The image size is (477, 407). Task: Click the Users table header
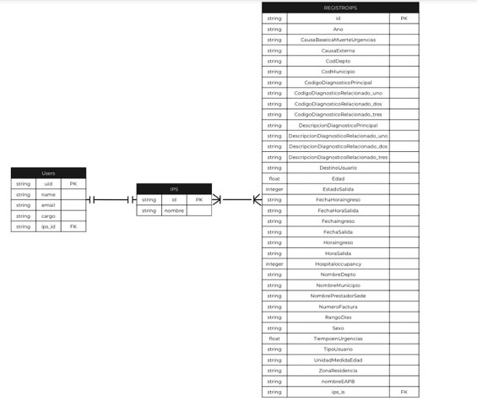click(48, 173)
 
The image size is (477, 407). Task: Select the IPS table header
click(174, 189)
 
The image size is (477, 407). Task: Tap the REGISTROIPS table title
click(339, 8)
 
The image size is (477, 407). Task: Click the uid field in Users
click(48, 183)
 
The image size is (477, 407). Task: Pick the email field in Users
click(48, 205)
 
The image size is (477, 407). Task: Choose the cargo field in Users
click(48, 216)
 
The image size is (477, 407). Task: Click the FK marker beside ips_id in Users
click(73, 226)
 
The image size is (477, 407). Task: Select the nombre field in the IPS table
click(174, 210)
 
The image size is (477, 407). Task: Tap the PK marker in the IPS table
click(198, 200)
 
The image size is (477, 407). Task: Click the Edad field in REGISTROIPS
click(338, 178)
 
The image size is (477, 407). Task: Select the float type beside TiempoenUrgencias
click(274, 339)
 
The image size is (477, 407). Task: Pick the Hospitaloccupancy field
click(338, 263)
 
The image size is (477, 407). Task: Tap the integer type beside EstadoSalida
click(274, 189)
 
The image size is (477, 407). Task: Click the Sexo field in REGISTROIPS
click(338, 328)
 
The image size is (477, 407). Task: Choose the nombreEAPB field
click(338, 381)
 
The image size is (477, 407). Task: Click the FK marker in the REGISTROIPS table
click(404, 392)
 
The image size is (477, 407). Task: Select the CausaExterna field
click(338, 51)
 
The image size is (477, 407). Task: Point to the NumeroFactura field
click(338, 307)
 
